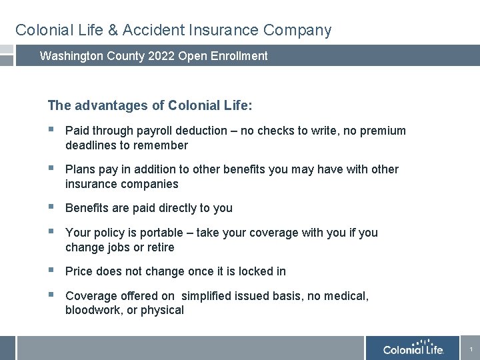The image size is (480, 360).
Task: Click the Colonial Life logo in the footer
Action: point(413,349)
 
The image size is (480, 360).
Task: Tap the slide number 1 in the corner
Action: point(471,349)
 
